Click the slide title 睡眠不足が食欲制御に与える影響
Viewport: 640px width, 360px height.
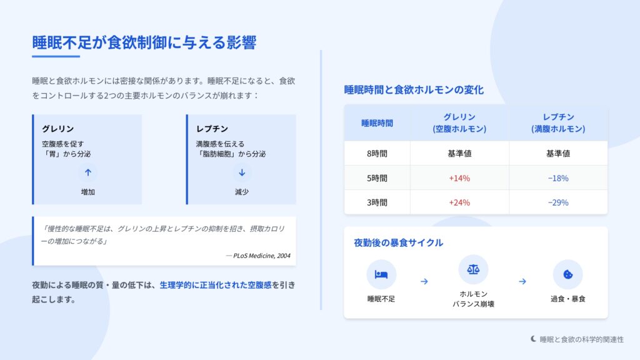pyautogui.click(x=144, y=42)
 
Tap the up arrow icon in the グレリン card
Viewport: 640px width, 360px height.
pyautogui.click(x=87, y=172)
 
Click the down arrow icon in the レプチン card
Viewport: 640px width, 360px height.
pyautogui.click(x=242, y=172)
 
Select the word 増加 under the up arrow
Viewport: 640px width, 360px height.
pyautogui.click(x=87, y=192)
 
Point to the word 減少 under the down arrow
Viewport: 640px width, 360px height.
pyautogui.click(x=242, y=192)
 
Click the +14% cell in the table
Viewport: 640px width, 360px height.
pyautogui.click(x=459, y=178)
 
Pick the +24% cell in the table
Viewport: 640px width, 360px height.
pyautogui.click(x=459, y=202)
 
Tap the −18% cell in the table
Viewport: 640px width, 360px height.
pyautogui.click(x=558, y=178)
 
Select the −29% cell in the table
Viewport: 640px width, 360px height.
pyautogui.click(x=558, y=202)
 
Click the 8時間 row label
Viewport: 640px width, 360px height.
pyautogui.click(x=377, y=154)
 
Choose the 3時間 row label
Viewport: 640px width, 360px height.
pyautogui.click(x=377, y=202)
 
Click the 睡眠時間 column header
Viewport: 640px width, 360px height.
pyautogui.click(x=377, y=123)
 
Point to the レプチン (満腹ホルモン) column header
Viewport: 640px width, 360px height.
pyautogui.click(x=558, y=123)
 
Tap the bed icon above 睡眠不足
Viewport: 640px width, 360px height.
pyautogui.click(x=381, y=275)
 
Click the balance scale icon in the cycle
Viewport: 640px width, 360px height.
pyautogui.click(x=473, y=269)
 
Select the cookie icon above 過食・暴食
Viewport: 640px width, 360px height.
pyautogui.click(x=567, y=274)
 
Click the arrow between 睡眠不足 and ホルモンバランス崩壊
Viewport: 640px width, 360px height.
pyautogui.click(x=424, y=282)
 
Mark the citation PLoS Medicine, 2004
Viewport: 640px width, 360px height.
pyautogui.click(x=262, y=256)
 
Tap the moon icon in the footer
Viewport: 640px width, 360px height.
pyautogui.click(x=534, y=339)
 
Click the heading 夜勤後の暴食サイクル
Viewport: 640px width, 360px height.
pyautogui.click(x=398, y=243)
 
